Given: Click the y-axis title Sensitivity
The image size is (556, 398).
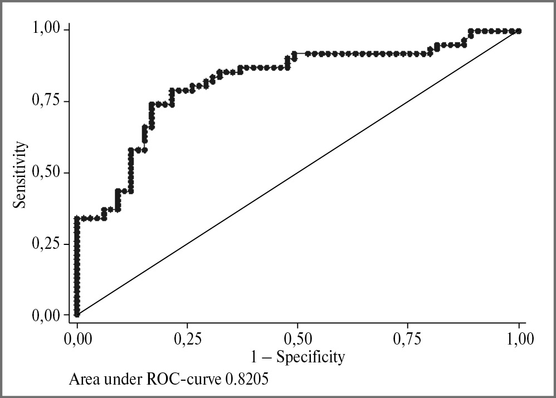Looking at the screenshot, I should pyautogui.click(x=21, y=174).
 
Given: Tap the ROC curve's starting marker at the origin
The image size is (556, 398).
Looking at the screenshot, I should pyautogui.click(x=77, y=315).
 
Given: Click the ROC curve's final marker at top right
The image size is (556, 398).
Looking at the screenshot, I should pyautogui.click(x=519, y=31).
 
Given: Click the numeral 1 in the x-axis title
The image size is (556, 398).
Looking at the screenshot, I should pyautogui.click(x=256, y=356).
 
